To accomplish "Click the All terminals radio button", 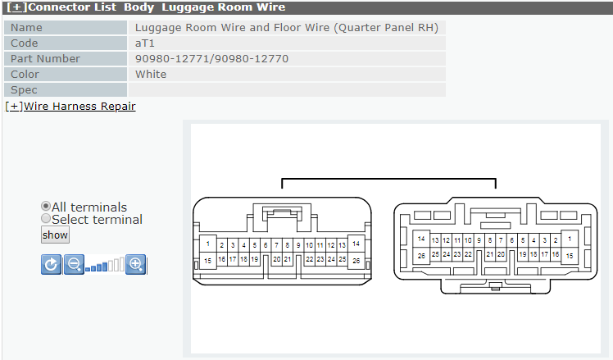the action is pyautogui.click(x=46, y=206).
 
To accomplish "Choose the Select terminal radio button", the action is pyautogui.click(x=46, y=218).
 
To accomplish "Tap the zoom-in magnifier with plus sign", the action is pyautogui.click(x=136, y=265).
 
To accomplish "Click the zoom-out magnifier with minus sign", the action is pyautogui.click(x=74, y=265).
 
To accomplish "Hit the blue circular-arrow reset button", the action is pyautogui.click(x=51, y=265).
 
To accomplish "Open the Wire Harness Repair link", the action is pyautogui.click(x=70, y=107).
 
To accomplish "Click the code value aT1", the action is pyautogui.click(x=145, y=43).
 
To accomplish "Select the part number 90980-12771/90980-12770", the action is pyautogui.click(x=211, y=59).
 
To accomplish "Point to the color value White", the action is pyautogui.click(x=151, y=75).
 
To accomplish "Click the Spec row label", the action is pyautogui.click(x=24, y=90).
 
